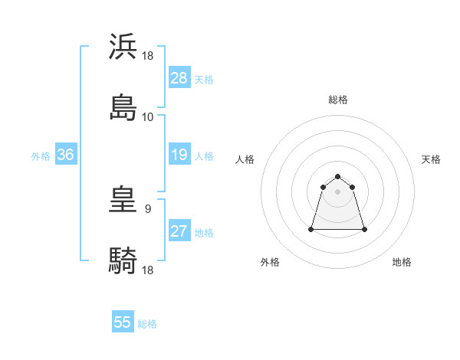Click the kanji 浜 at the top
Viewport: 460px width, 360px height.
(123, 47)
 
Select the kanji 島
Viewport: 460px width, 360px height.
(123, 107)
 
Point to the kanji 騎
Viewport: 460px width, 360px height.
(123, 260)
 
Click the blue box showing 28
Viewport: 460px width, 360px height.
(179, 78)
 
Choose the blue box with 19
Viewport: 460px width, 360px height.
(179, 155)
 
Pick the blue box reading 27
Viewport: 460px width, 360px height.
(179, 231)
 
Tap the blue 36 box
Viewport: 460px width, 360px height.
(66, 155)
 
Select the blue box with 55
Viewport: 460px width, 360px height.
(123, 322)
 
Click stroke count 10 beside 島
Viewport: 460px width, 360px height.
(148, 117)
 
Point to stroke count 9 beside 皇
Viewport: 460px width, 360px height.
(147, 208)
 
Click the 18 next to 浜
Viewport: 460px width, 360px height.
(149, 56)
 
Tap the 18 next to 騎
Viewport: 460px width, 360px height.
(149, 270)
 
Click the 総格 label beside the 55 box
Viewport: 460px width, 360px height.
(147, 324)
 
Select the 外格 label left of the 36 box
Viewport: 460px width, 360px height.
(41, 156)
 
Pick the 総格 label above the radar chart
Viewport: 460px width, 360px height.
(338, 100)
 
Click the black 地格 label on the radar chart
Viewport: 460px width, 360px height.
(402, 262)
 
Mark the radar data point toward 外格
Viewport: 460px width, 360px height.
(312, 229)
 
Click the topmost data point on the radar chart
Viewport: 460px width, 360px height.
(338, 173)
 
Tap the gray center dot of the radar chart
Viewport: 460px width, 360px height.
(338, 191)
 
